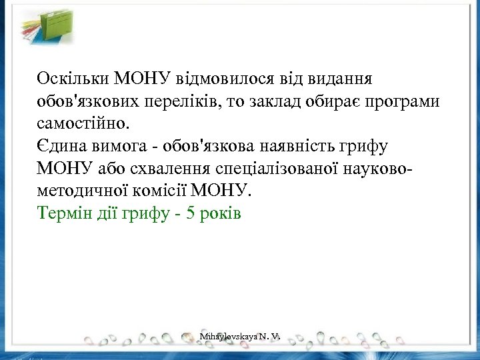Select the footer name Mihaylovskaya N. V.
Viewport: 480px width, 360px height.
pos(238,338)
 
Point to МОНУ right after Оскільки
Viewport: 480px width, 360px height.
pos(143,78)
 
